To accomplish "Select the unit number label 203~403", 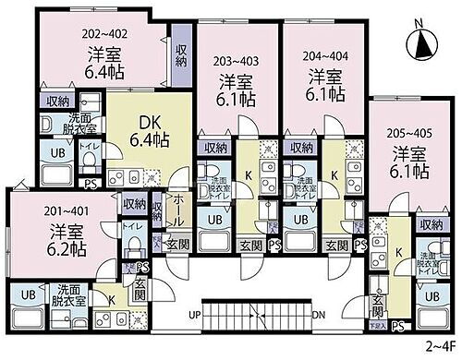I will coord(236,62).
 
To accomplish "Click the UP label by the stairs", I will coord(194,316).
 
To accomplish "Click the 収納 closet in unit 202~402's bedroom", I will coord(182,52).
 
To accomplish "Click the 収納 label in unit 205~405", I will coord(431,225).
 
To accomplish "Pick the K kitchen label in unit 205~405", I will coord(398,250).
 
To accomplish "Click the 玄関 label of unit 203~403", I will coord(249,244).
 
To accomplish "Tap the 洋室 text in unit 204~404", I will coord(324,75).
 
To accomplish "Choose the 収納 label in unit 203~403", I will coord(216,147).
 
